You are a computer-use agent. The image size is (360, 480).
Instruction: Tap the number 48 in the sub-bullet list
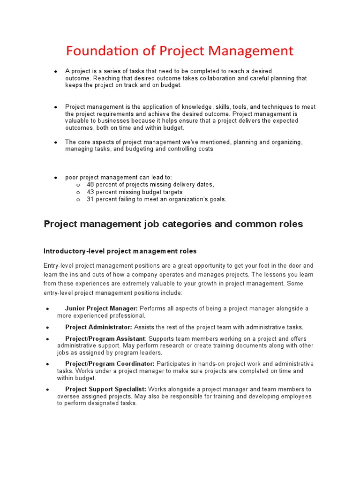coord(90,185)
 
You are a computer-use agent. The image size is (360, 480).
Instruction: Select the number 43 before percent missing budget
coord(90,192)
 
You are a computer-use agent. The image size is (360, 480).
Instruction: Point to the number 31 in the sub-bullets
coord(90,199)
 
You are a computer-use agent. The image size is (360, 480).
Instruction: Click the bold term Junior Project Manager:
coord(101,308)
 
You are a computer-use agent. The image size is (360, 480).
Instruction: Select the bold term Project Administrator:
coord(98,327)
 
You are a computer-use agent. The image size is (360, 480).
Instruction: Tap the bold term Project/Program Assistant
coord(105,339)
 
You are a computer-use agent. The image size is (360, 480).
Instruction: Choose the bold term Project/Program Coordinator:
coord(110,364)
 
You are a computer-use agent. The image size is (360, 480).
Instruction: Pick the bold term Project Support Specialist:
coord(105,389)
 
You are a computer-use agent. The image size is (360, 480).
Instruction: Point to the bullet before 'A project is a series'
coord(55,72)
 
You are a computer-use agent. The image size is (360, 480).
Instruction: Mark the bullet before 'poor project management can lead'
coord(55,178)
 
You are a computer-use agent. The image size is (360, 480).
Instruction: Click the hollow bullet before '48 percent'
coord(77,185)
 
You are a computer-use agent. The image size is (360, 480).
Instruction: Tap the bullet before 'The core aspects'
coord(55,142)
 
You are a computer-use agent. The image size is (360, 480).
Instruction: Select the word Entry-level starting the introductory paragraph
coord(59,266)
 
